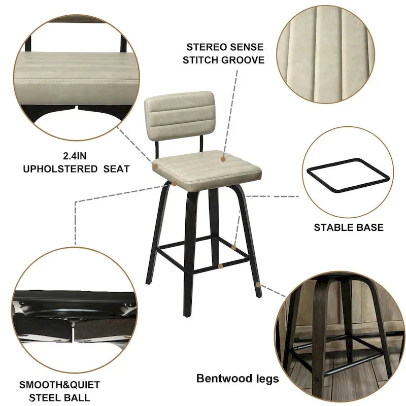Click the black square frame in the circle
point(348,175)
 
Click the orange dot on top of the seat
point(223,159)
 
